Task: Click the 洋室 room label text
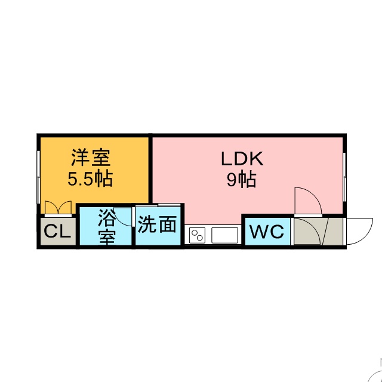tap(91, 159)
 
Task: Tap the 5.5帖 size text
tap(91, 178)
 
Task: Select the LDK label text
tap(242, 159)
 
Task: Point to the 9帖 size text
tap(241, 179)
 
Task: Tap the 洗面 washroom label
tap(158, 224)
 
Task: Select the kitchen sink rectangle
tap(224, 235)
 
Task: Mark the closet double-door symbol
tap(58, 208)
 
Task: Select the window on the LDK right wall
tap(346, 172)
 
